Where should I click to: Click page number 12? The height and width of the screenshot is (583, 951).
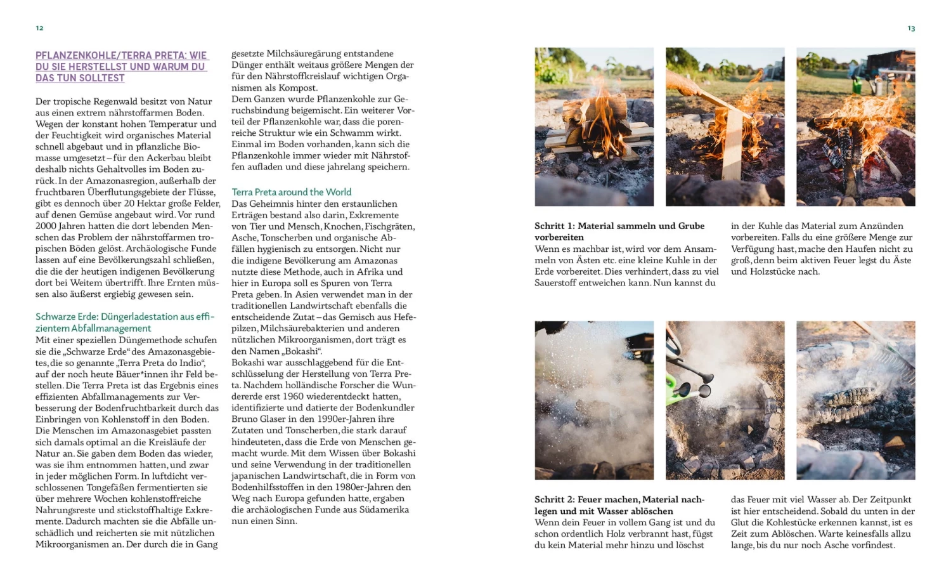coord(39,28)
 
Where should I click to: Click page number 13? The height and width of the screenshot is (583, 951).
coord(911,29)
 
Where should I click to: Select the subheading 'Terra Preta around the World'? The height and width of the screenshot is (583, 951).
coord(291,192)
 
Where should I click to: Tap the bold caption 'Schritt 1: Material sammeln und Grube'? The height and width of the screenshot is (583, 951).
coord(619,226)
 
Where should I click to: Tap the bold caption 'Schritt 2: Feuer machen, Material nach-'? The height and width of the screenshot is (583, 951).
coord(619,499)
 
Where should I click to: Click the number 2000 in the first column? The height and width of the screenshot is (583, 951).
coord(46,226)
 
